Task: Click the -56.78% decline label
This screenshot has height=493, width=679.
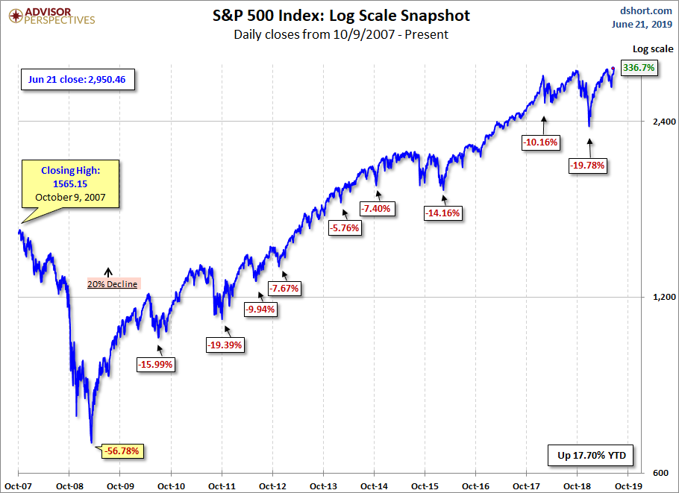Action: click(x=122, y=450)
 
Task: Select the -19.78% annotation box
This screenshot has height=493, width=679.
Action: click(x=587, y=165)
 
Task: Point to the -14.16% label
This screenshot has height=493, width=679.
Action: click(x=443, y=213)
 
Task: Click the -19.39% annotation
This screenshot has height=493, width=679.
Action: click(x=226, y=345)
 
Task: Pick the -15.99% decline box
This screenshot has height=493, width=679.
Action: click(x=155, y=364)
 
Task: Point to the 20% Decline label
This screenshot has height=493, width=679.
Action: click(x=113, y=284)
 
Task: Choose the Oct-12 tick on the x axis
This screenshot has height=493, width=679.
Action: click(x=272, y=485)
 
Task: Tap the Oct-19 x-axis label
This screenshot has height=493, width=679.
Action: click(x=628, y=485)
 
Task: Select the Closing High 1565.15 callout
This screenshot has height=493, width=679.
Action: click(x=69, y=184)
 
